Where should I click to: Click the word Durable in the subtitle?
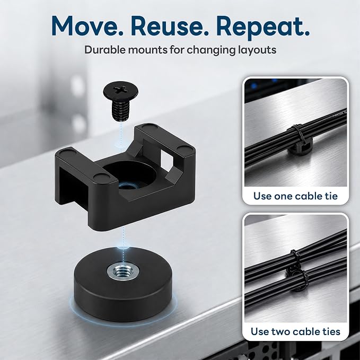click(104, 50)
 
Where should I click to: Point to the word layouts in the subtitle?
click(257, 50)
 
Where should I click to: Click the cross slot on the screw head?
click(120, 89)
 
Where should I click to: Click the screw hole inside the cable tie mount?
click(125, 186)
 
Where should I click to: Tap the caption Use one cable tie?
click(295, 196)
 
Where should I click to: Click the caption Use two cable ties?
click(295, 331)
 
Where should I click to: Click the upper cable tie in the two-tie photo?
click(295, 259)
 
